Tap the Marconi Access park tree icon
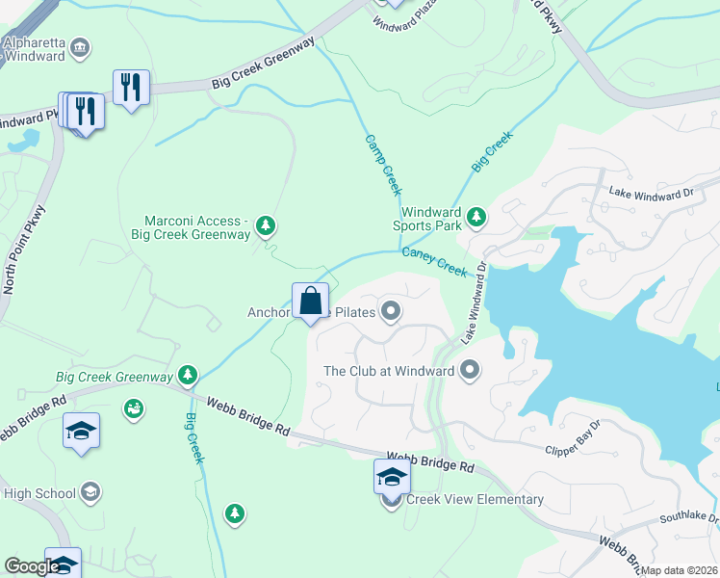coord(267,227)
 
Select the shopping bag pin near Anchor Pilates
coord(311,302)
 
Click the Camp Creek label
coord(382,165)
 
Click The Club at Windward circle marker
coord(470,369)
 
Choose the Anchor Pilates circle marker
coord(391,310)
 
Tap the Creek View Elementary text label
coord(475,499)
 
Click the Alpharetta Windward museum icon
coord(80,46)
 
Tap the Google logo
coord(32,566)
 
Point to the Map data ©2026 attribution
coord(680,570)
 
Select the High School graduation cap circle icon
coord(90,493)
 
